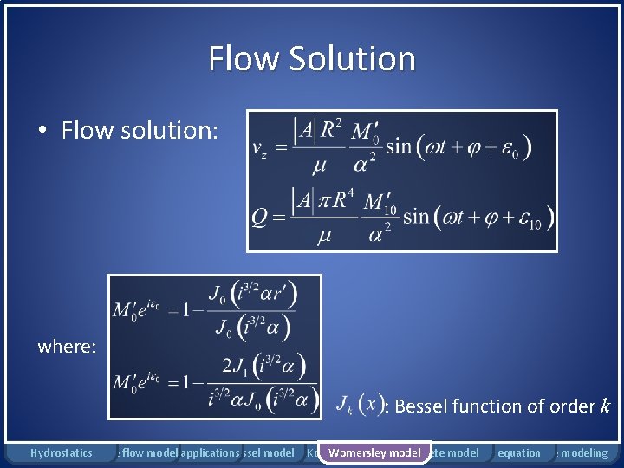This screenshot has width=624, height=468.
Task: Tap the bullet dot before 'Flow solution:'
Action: [42, 131]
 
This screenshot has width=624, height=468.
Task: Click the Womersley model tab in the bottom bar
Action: [374, 452]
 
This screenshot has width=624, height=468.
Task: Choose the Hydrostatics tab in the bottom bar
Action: [61, 452]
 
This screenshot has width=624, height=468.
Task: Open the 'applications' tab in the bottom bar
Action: [210, 452]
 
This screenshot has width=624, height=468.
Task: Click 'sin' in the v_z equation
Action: [400, 146]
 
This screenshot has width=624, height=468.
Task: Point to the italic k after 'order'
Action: [605, 406]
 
